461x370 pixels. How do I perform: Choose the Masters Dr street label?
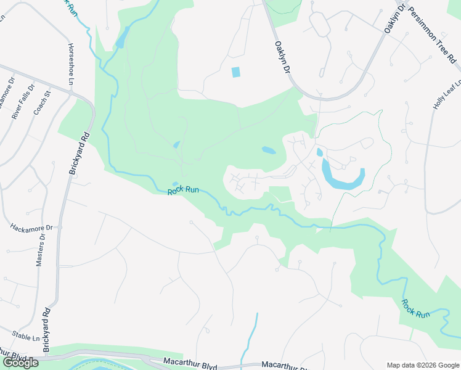41,250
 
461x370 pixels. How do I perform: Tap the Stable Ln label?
26,339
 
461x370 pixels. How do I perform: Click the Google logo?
20,363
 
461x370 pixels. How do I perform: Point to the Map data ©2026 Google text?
422,365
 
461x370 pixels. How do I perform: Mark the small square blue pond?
235,72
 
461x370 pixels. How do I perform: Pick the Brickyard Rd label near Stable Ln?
47,327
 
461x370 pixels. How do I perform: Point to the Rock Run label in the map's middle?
183,191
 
